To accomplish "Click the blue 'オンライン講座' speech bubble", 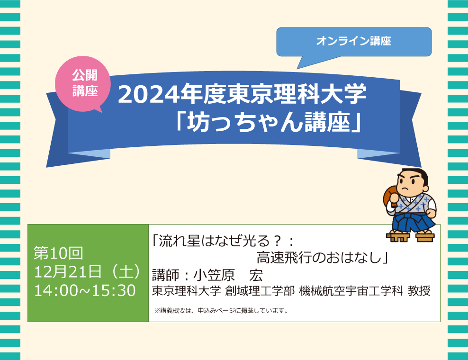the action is point(354,42).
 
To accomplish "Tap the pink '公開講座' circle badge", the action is point(82,84).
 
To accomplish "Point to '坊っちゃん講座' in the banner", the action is point(268,123).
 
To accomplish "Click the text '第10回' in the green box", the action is point(59,253).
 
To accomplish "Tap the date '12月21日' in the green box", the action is point(68,271).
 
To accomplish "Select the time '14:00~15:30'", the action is point(85,290).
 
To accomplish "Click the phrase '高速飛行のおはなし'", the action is point(319,258).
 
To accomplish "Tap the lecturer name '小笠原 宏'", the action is point(228,275).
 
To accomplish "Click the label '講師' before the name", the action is point(166,275).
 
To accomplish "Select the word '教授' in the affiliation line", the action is point(419,291).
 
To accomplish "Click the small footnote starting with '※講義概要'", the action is point(221,311).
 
